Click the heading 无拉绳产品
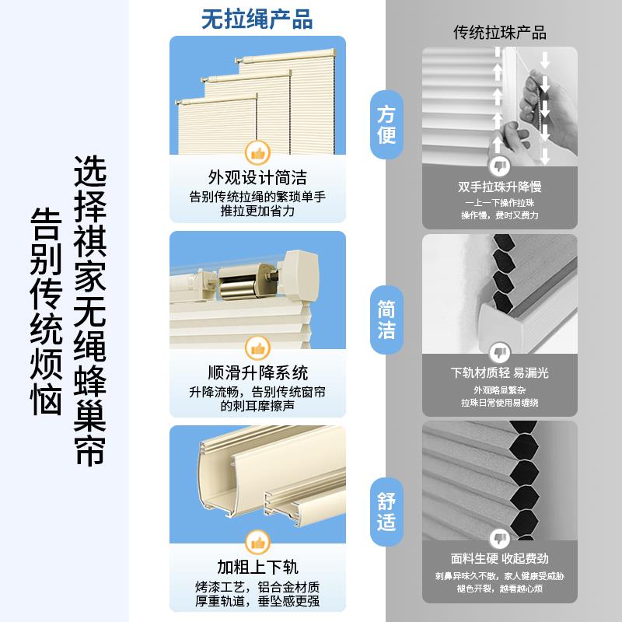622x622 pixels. pos(257,19)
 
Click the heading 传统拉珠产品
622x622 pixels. pos(500,33)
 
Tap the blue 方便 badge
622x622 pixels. pos(386,125)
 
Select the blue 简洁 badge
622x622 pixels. pos(386,320)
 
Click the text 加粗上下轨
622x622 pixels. pos(257,565)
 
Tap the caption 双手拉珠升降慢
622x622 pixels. pos(500,187)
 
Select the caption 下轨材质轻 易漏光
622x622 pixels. pos(500,372)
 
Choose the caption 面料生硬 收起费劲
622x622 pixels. pos(500,557)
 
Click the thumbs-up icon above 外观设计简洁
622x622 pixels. pos(257,151)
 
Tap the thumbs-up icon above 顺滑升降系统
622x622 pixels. pos(257,346)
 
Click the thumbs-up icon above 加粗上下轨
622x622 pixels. pos(257,540)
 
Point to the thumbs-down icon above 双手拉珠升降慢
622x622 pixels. pos(500,164)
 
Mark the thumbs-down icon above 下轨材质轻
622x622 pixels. pos(500,350)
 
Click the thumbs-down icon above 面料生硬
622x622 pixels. pos(500,536)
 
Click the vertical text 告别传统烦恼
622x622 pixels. pos(47,311)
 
